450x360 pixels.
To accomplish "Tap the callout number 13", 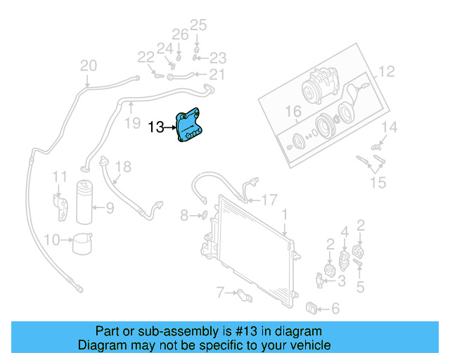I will (156, 127).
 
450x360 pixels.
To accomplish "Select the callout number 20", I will (88, 66).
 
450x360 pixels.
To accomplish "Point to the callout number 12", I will (387, 71).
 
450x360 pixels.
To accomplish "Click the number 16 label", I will (293, 111).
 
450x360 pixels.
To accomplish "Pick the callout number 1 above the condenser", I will (284, 213).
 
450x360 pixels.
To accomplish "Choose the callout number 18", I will (123, 167).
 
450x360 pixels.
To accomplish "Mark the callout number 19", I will (132, 124).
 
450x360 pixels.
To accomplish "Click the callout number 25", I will (198, 25).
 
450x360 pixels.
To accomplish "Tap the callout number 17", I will (270, 198).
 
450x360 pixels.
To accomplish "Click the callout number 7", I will (219, 291).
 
